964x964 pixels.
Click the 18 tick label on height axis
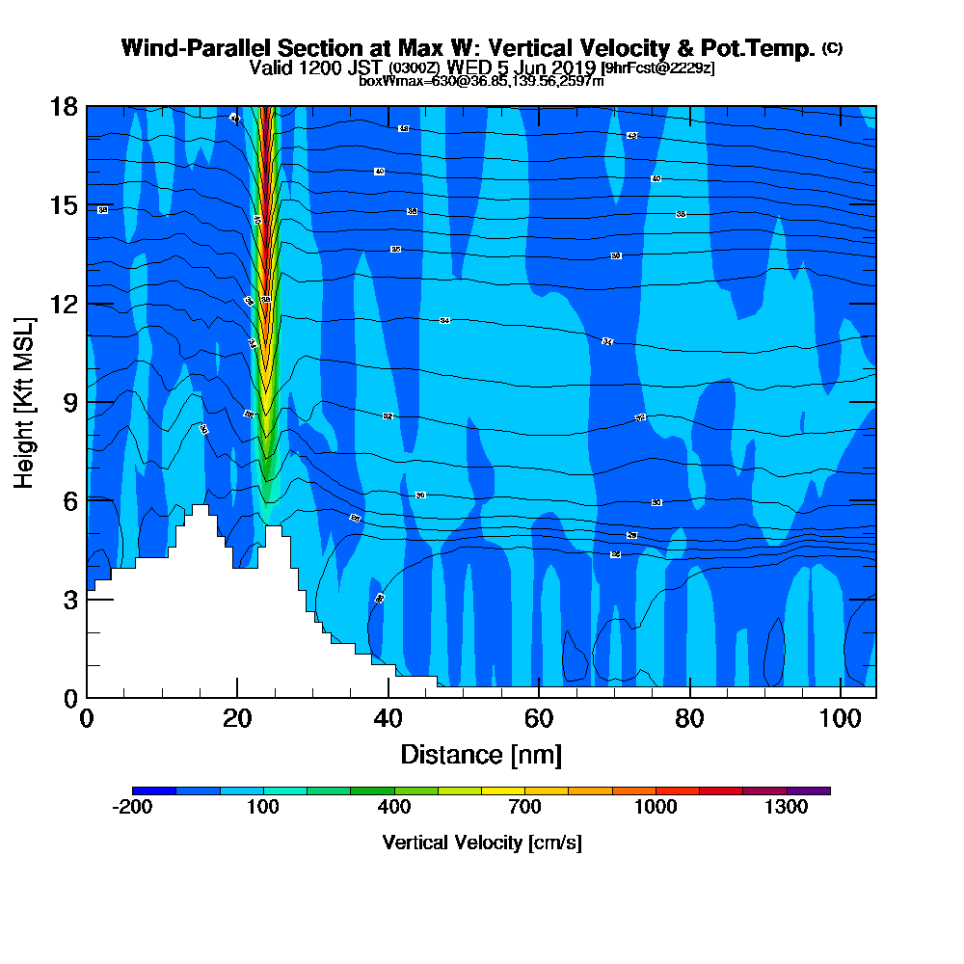pos(65,106)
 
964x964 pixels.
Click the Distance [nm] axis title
pos(481,754)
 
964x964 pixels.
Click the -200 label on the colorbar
pos(132,808)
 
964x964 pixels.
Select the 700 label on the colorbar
pos(524,808)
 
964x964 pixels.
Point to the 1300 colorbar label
pos(786,808)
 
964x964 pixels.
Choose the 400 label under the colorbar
pos(393,808)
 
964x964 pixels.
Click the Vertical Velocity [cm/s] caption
pos(481,843)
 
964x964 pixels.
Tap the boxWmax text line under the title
pos(481,81)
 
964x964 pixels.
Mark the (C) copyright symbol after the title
pos(832,48)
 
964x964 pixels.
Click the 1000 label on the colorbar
pos(656,808)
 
